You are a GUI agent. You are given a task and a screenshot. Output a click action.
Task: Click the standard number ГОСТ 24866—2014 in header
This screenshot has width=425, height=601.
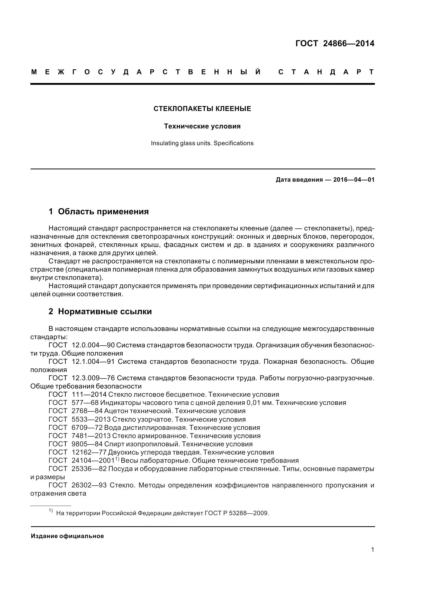point(335,43)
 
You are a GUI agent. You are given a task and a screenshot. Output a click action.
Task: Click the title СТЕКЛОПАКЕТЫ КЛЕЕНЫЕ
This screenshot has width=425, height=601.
point(202,109)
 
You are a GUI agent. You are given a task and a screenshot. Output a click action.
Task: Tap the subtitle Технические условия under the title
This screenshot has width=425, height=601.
point(202,126)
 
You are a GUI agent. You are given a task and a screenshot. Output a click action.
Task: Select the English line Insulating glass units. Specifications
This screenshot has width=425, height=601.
point(202,143)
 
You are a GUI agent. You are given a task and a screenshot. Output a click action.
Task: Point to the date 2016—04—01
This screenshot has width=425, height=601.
point(354,180)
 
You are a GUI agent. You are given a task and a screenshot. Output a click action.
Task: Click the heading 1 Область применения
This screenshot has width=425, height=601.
point(99,211)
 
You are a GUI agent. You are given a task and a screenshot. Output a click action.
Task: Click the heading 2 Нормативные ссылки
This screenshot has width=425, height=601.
point(100,311)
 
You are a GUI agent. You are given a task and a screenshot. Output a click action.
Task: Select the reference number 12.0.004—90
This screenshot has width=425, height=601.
point(93,345)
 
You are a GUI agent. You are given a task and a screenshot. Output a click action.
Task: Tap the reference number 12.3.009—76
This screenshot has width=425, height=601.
point(93,378)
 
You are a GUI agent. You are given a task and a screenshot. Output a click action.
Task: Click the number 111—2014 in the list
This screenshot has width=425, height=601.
point(89,394)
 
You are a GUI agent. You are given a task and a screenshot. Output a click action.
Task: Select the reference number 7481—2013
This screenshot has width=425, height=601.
point(91,436)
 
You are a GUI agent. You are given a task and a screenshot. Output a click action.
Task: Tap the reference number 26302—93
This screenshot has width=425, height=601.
point(89,485)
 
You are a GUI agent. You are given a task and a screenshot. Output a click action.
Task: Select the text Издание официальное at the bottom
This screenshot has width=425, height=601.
point(67,536)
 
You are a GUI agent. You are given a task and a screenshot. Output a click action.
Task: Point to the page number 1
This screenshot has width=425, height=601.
point(373,550)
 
